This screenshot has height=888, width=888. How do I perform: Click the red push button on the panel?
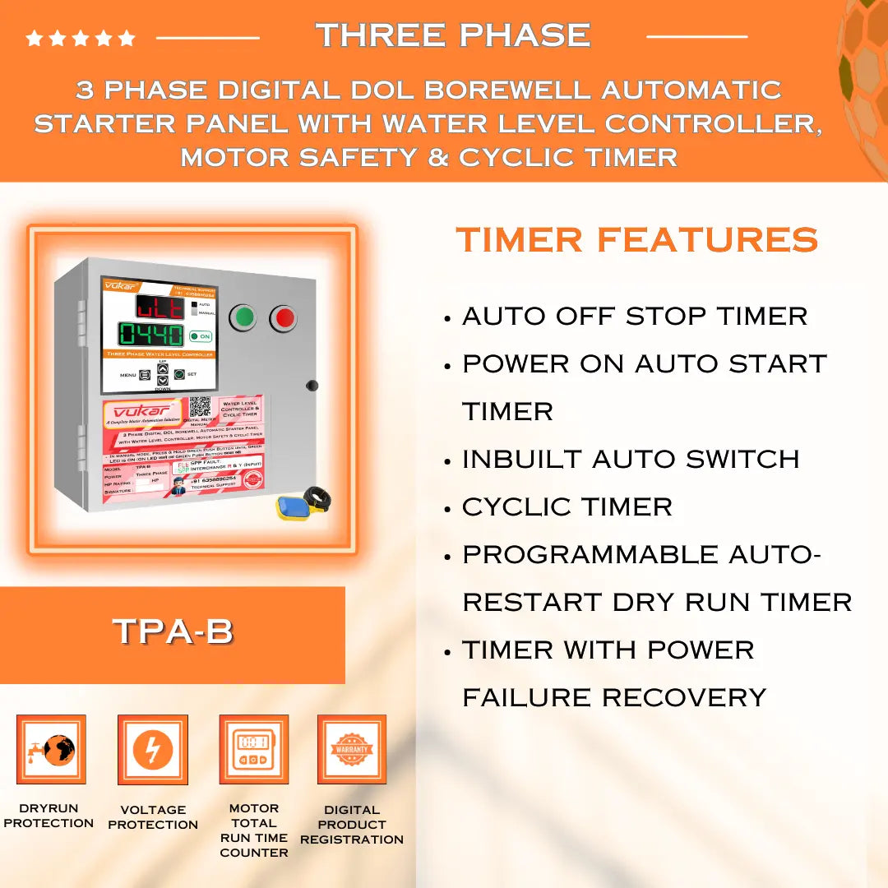tap(283, 317)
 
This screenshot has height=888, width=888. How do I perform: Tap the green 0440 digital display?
tap(150, 335)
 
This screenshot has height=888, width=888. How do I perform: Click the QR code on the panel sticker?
tap(200, 408)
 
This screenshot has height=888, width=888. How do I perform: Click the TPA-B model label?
tap(173, 631)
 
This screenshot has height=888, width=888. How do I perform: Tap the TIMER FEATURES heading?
tap(637, 240)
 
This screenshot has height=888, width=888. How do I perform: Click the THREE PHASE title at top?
tap(453, 35)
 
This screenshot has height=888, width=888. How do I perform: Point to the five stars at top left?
tap(80, 38)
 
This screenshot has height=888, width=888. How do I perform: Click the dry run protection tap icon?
tap(51, 750)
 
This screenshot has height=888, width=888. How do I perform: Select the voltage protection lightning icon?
tap(153, 750)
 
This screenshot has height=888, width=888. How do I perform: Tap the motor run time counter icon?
tap(253, 750)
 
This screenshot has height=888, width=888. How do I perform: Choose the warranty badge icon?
tap(352, 750)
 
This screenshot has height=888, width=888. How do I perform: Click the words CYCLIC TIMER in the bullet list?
tap(567, 507)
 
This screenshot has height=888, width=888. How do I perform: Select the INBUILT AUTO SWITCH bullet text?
tap(631, 460)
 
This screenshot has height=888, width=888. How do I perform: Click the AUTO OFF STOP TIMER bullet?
tap(635, 317)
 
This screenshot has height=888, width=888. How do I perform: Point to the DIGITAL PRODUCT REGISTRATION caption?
tap(352, 825)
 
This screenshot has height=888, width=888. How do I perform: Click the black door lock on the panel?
tap(312, 385)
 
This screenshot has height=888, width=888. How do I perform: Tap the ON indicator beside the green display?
tap(201, 336)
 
